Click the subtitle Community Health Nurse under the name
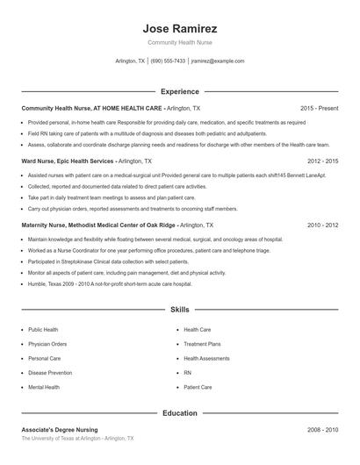pos(179,42)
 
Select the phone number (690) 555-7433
pos(168,61)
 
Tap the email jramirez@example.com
pos(218,61)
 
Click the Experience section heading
pos(179,91)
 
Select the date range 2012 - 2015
pos(323,161)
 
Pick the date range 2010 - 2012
pos(323,225)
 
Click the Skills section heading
pos(179,310)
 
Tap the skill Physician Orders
pos(47,344)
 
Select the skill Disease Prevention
pos(49,373)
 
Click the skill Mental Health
pos(44,387)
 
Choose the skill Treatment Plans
pos(202,344)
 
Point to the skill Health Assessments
pos(206,358)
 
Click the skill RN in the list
pos(187,373)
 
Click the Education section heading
pos(179,413)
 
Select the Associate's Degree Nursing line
pos(60,430)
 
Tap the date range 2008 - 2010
pos(323,430)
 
